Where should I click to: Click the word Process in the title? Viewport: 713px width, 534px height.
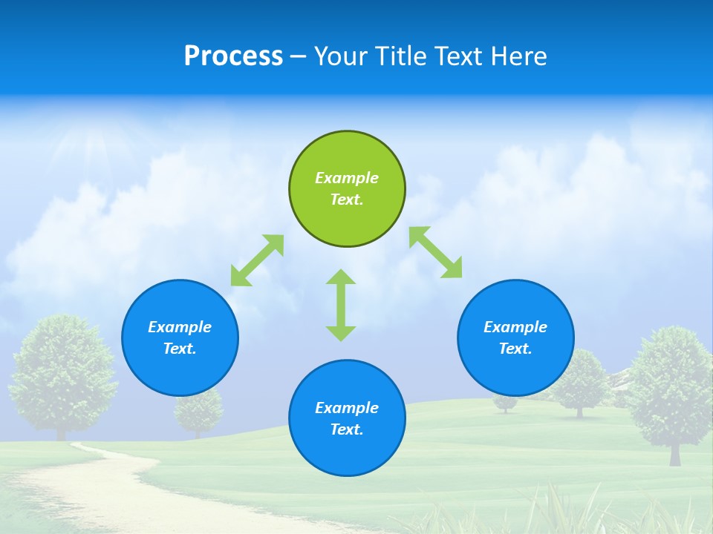click(x=233, y=56)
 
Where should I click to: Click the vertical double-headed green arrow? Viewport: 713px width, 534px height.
click(x=341, y=305)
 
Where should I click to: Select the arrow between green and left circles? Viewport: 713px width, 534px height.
click(x=257, y=260)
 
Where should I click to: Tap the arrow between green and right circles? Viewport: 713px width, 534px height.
click(x=436, y=252)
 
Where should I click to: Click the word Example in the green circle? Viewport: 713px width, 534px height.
click(x=347, y=178)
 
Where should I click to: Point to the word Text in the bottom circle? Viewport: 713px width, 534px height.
click(x=346, y=429)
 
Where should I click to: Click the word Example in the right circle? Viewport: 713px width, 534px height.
click(x=515, y=327)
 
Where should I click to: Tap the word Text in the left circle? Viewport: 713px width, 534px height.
click(x=180, y=349)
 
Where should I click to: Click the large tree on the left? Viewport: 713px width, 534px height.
click(x=63, y=371)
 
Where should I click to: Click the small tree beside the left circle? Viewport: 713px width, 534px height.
click(x=199, y=412)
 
